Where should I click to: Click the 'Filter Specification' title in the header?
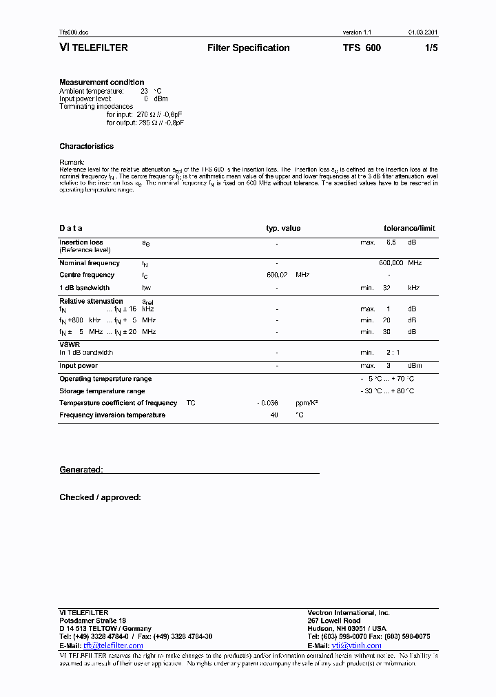[248, 48]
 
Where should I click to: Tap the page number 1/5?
[431, 48]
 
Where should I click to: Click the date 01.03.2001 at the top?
[422, 32]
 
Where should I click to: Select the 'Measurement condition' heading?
[101, 83]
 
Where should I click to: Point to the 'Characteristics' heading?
[86, 146]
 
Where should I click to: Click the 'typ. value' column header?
[283, 229]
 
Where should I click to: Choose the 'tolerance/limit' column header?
[409, 229]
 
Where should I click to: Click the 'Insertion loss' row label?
[81, 242]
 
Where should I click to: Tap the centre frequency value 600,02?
[276, 275]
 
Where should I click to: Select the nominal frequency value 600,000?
[391, 263]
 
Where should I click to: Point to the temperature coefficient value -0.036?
[267, 403]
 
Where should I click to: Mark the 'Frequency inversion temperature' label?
[112, 415]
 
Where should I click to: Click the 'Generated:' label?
[81, 470]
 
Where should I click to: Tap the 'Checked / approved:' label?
[100, 497]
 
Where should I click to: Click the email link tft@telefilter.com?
[113, 645]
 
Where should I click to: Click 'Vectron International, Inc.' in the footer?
[348, 612]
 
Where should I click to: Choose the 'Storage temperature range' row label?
[102, 391]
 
